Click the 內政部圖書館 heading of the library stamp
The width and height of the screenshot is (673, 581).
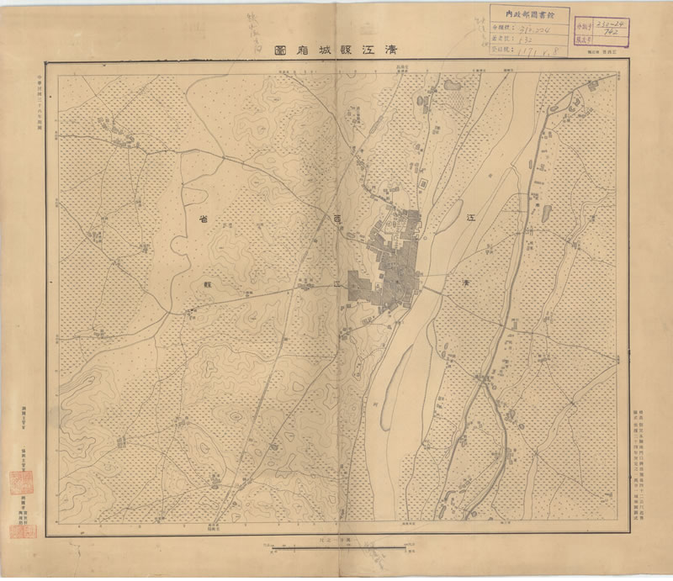(530, 14)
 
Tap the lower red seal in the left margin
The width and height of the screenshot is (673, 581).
(17, 531)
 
